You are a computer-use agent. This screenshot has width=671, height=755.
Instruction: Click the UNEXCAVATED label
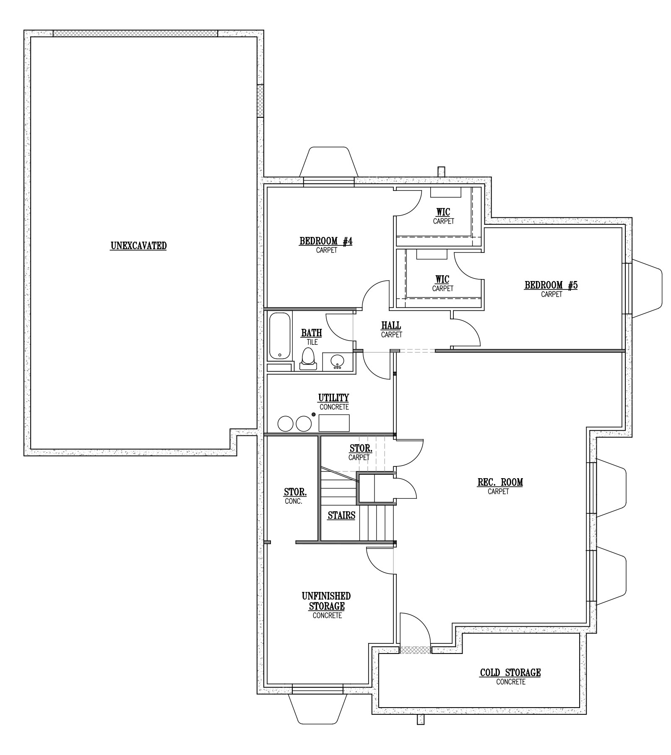coord(138,246)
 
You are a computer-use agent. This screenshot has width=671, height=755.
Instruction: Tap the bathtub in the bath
coord(280,336)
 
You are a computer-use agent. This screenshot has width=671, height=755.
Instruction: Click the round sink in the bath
coord(337,361)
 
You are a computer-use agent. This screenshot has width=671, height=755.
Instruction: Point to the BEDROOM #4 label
coord(326,241)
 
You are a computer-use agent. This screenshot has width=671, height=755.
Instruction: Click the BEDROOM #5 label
coord(551,285)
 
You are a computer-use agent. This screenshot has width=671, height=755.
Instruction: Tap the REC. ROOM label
coord(500,482)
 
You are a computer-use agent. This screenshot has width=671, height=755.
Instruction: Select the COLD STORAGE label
coord(510,673)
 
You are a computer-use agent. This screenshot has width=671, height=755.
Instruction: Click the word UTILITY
coord(333,398)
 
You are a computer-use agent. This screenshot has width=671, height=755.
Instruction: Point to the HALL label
coord(391,325)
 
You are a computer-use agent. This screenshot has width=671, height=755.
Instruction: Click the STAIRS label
coord(341,515)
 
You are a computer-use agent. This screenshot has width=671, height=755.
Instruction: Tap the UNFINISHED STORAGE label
coord(327,601)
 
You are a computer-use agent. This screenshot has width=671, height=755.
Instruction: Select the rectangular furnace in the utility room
coord(334,423)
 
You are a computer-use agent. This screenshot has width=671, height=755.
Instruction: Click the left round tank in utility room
coord(286,424)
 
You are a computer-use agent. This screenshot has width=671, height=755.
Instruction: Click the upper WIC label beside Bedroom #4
coord(443,212)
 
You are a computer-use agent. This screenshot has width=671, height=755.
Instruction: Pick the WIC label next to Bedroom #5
coord(442,279)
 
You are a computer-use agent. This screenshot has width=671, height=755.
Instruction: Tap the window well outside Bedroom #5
coord(646,288)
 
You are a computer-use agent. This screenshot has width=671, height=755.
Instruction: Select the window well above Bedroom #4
coord(329,162)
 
